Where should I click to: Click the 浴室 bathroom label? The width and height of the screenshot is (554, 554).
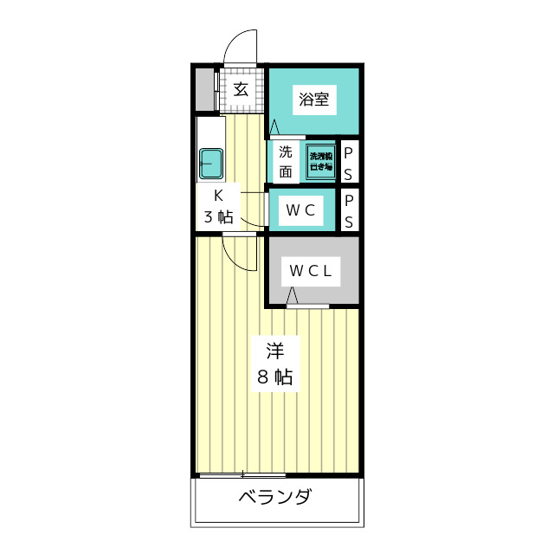pyautogui.click(x=313, y=99)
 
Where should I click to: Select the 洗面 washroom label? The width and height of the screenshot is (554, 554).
pyautogui.click(x=285, y=160)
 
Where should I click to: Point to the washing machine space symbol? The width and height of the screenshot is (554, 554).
pyautogui.click(x=320, y=161)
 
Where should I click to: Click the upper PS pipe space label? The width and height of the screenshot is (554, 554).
pyautogui.click(x=349, y=161)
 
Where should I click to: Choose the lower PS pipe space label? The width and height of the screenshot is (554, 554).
pyautogui.click(x=349, y=210)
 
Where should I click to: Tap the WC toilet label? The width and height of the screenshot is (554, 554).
pyautogui.click(x=300, y=209)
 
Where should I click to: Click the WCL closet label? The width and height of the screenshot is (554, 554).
pyautogui.click(x=311, y=271)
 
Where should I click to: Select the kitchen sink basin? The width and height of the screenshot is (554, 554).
pyautogui.click(x=211, y=161)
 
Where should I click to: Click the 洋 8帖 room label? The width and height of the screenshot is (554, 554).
pyautogui.click(x=274, y=364)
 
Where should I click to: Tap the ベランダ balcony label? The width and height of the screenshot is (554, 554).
pyautogui.click(x=274, y=498)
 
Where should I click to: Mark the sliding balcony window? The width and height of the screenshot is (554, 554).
pyautogui.click(x=242, y=473)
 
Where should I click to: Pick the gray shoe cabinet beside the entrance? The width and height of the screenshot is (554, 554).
pyautogui.click(x=203, y=88)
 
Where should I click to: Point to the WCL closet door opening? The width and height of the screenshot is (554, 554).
pyautogui.click(x=308, y=306)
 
